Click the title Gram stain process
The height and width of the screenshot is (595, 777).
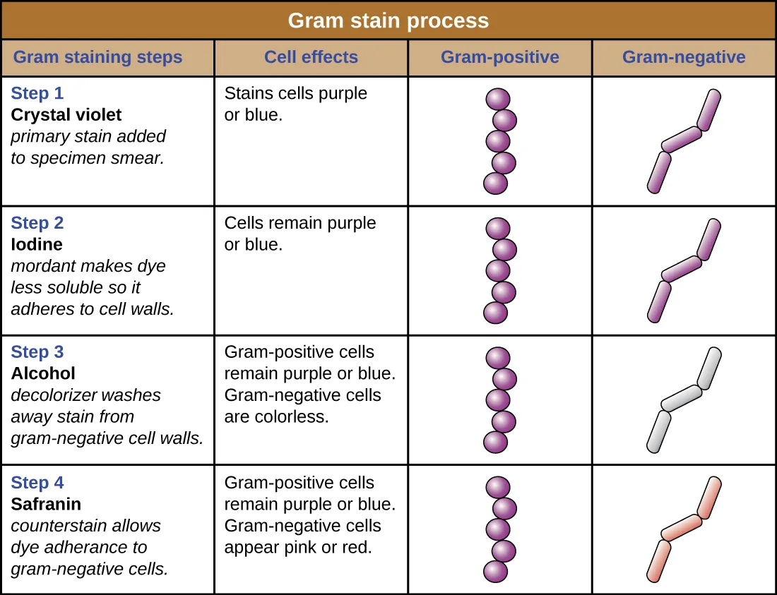(x=388, y=20)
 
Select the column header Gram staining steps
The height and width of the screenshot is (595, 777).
(x=97, y=57)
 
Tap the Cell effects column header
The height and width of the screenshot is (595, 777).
(x=311, y=57)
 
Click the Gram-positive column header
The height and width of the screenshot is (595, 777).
(x=499, y=57)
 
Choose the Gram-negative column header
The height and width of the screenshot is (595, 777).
(x=683, y=57)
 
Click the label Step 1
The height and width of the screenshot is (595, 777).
(x=37, y=93)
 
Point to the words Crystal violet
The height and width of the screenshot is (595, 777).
(x=66, y=114)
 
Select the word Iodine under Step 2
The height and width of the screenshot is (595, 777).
(x=37, y=244)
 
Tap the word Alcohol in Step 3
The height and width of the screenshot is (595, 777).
(x=43, y=373)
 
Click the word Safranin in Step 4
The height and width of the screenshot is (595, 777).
(x=46, y=504)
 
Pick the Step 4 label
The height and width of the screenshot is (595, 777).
(x=37, y=483)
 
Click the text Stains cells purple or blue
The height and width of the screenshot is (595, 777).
(x=295, y=104)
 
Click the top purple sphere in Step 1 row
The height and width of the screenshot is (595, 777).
(x=498, y=99)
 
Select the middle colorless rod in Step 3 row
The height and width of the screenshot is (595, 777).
(x=681, y=398)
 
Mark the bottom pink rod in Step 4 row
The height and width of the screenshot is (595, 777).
(x=658, y=561)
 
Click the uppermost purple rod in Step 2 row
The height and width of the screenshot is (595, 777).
(x=708, y=239)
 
